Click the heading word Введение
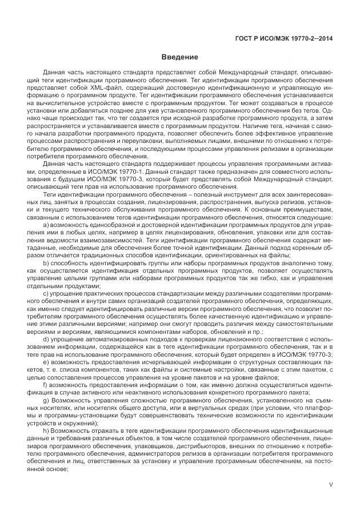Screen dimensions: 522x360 tap(179, 57)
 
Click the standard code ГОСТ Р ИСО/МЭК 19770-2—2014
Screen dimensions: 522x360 tap(284, 39)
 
